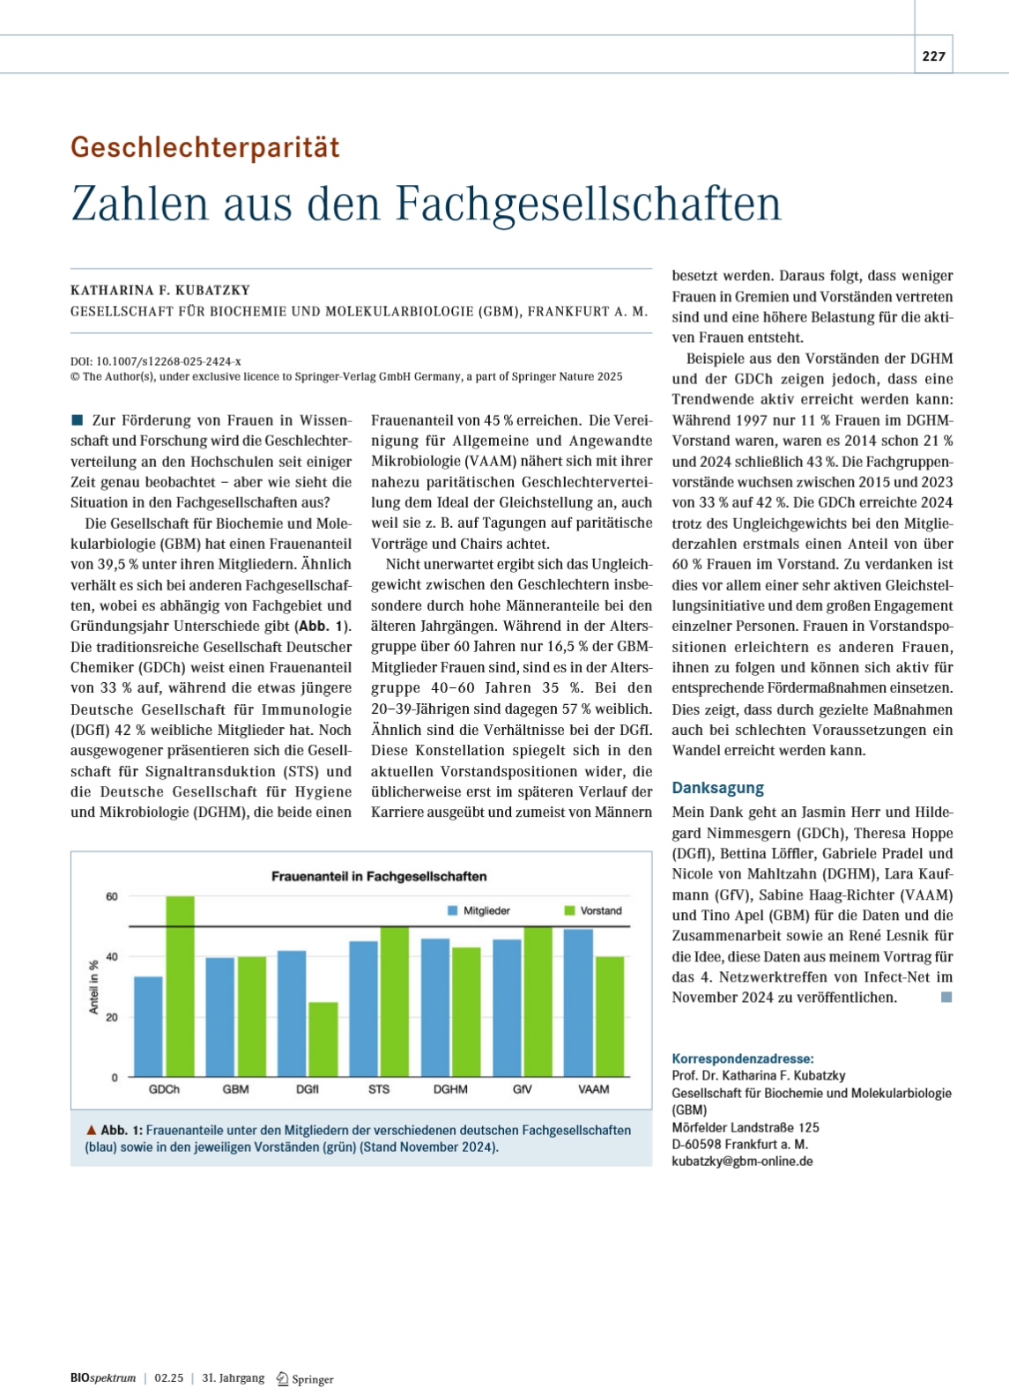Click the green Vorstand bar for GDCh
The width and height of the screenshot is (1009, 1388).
pyautogui.click(x=180, y=986)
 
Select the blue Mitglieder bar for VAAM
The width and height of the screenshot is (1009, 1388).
pyautogui.click(x=578, y=1003)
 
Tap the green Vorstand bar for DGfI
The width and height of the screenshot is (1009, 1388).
pyautogui.click(x=323, y=1039)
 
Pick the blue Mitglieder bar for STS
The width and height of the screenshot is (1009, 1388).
pyautogui.click(x=363, y=1009)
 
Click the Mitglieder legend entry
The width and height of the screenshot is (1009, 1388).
pyautogui.click(x=479, y=911)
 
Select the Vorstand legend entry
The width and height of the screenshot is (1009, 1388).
pyautogui.click(x=593, y=911)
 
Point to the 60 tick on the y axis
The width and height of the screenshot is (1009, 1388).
pyautogui.click(x=112, y=896)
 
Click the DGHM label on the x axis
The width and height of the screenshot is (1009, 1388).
pyautogui.click(x=450, y=1089)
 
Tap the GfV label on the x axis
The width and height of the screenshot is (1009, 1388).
pyautogui.click(x=522, y=1089)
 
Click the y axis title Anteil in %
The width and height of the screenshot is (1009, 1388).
pyautogui.click(x=93, y=987)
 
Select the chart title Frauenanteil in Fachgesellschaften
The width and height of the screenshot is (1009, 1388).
pyautogui.click(x=379, y=876)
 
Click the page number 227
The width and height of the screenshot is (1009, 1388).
pyautogui.click(x=933, y=56)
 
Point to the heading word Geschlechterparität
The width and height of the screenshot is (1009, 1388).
pyautogui.click(x=205, y=147)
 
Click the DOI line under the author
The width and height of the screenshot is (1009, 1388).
pyautogui.click(x=156, y=361)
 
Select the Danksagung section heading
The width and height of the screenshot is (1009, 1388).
pyautogui.click(x=717, y=788)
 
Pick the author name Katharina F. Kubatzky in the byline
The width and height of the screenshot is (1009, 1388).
pyautogui.click(x=160, y=290)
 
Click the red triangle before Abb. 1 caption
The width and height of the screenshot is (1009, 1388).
pyautogui.click(x=91, y=1130)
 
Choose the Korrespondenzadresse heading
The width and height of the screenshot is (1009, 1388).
pyautogui.click(x=743, y=1059)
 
